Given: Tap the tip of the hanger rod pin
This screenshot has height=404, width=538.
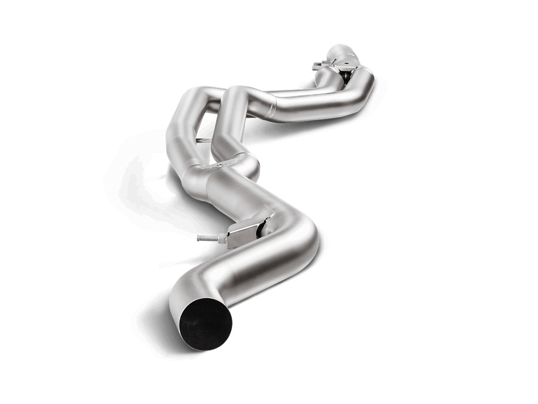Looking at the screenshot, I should pyautogui.click(x=198, y=236).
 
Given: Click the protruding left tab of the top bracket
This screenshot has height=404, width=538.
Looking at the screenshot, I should pyautogui.click(x=316, y=65).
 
